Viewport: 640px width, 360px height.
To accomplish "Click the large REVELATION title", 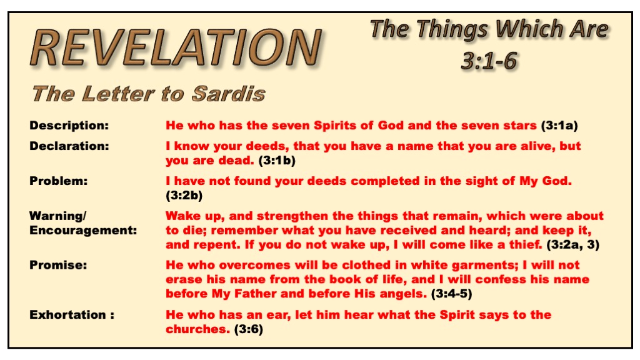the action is pos(176,47).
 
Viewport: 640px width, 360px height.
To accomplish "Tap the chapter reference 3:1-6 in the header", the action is pos(489,61).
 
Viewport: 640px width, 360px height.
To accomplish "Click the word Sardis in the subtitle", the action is pos(229,94).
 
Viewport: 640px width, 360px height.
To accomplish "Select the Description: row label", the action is pos(69,125).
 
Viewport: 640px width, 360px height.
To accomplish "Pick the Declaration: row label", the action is pos(69,146).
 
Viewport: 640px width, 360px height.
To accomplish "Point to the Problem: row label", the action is pos(58,181).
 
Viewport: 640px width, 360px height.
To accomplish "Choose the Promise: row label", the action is pos(58,265).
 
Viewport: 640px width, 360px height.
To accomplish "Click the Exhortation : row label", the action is pos(72,315).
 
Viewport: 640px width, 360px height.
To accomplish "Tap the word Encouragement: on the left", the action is pos(83,230).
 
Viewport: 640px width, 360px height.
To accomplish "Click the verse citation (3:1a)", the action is pos(559,125).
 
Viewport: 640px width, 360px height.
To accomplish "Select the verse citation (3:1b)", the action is pos(277,161).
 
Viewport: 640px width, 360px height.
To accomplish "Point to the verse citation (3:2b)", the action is pos(184,196).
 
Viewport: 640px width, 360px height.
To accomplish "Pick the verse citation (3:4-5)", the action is pos(451,294).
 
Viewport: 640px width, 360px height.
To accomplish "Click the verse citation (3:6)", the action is pos(249,329).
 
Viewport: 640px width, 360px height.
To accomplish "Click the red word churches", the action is pos(198,329).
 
